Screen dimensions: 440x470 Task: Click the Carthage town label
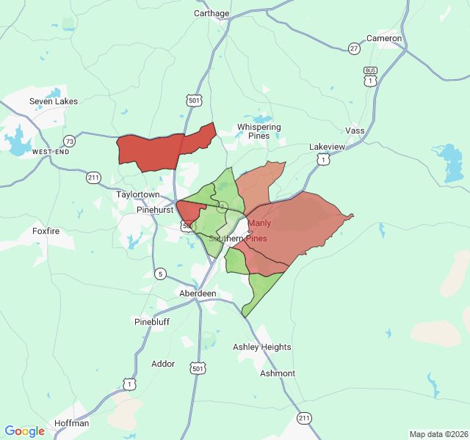click(x=211, y=13)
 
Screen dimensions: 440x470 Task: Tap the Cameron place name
click(x=384, y=38)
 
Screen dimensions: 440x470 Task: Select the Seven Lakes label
click(x=54, y=101)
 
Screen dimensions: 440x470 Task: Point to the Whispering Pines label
click(x=258, y=131)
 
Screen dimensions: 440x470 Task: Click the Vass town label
click(x=355, y=131)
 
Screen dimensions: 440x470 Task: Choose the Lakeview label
click(x=327, y=147)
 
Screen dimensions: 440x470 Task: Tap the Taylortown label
click(x=138, y=195)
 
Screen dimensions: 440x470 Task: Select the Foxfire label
click(x=46, y=230)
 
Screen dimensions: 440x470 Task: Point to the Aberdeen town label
click(x=198, y=293)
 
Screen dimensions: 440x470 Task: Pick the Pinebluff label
click(x=152, y=321)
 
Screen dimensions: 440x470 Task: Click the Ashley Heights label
click(x=262, y=347)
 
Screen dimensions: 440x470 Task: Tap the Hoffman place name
click(x=71, y=423)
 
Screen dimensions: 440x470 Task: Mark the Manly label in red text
click(x=260, y=223)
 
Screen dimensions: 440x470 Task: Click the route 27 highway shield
click(x=355, y=48)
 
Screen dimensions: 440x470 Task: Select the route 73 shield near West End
click(x=69, y=140)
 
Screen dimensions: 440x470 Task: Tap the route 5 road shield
click(x=160, y=274)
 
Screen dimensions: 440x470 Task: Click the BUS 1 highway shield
click(x=370, y=76)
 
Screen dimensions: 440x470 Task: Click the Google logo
click(x=25, y=431)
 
